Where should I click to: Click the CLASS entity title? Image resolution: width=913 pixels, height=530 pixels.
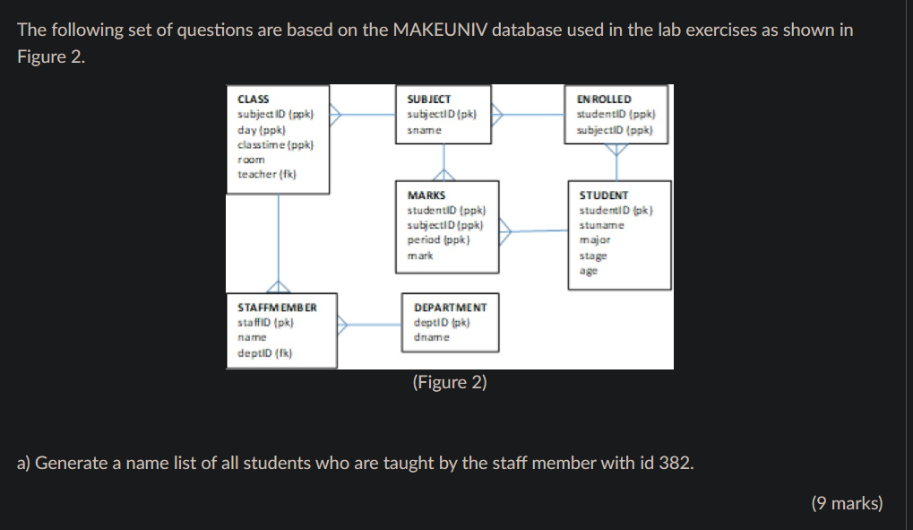click(253, 99)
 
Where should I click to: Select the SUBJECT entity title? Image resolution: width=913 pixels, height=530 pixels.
click(428, 99)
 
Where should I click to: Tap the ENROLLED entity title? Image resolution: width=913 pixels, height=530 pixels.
click(604, 99)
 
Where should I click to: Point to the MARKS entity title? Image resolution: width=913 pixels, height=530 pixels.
click(426, 195)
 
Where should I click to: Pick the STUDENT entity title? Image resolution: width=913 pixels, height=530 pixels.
click(603, 195)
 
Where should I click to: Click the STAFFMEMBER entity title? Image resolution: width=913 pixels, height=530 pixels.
click(277, 307)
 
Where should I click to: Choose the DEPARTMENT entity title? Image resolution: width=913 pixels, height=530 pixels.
click(450, 307)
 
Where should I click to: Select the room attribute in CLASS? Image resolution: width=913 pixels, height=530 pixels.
click(251, 160)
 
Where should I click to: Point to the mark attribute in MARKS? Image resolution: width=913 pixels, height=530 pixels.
click(419, 256)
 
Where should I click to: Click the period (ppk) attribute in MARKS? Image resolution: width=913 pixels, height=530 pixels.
click(439, 240)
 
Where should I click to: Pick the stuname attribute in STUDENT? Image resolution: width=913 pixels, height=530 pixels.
click(601, 225)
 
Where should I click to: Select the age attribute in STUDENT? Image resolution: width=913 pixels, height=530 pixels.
click(588, 271)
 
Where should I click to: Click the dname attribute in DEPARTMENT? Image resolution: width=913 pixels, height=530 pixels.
click(431, 337)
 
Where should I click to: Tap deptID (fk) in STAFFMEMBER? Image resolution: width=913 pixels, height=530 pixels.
click(265, 352)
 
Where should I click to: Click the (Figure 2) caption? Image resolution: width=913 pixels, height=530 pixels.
click(450, 382)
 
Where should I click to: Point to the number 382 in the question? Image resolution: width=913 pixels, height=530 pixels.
click(674, 464)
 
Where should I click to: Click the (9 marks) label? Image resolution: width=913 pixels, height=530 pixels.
click(847, 503)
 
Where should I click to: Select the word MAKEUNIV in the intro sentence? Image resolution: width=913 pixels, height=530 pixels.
click(438, 30)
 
